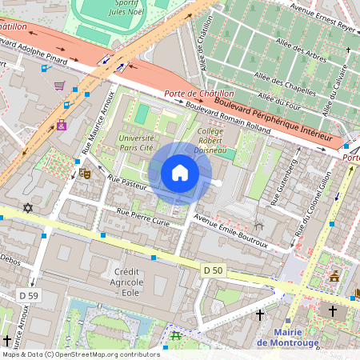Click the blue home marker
click(x=180, y=173)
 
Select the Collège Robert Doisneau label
click(x=210, y=140)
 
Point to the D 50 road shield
click(x=213, y=270)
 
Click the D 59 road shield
click(x=28, y=296)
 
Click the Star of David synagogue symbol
click(x=29, y=208)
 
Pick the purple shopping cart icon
click(x=59, y=86)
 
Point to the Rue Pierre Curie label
click(x=143, y=217)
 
